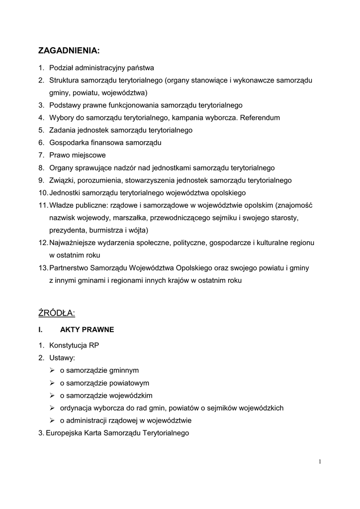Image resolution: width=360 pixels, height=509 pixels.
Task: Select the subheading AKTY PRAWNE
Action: point(87,330)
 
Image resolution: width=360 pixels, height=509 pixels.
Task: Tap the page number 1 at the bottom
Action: point(320,462)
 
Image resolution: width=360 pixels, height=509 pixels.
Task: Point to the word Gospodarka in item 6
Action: point(68,143)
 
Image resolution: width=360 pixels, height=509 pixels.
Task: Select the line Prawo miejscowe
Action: point(77,155)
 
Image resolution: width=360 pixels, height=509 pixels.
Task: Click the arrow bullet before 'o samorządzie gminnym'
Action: point(52,370)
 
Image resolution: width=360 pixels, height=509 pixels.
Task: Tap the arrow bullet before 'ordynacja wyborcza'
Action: point(52,408)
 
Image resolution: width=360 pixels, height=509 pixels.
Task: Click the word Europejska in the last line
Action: point(63,433)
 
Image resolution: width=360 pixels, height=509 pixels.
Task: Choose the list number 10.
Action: point(43,192)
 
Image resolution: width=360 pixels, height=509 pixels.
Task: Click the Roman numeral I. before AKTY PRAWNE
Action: point(41,330)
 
